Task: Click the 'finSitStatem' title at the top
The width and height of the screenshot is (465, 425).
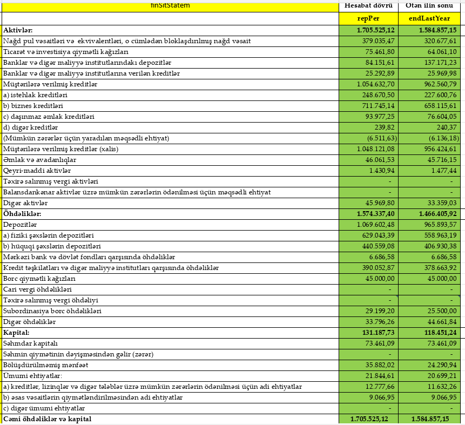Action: pyautogui.click(x=170, y=6)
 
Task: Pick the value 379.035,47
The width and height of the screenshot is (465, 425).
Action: pyautogui.click(x=378, y=41)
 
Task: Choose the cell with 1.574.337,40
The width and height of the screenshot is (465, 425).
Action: pyautogui.click(x=376, y=214)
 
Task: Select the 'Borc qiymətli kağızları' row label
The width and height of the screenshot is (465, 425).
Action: pyautogui.click(x=39, y=279)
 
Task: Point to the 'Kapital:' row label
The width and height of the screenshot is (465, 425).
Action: pyautogui.click(x=16, y=333)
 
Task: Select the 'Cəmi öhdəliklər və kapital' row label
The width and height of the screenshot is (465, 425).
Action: pyautogui.click(x=47, y=419)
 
